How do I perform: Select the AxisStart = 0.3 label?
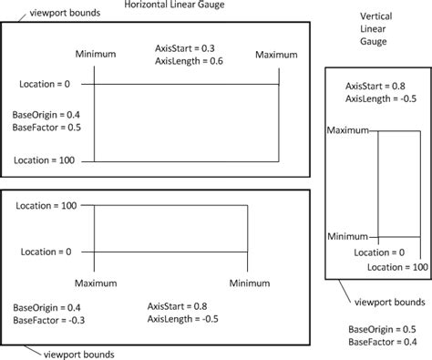[x=190, y=46]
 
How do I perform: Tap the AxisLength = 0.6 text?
[x=190, y=60]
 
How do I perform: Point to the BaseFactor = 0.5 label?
[x=46, y=128]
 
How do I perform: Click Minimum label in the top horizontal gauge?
[x=97, y=57]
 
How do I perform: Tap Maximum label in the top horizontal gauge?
[x=277, y=57]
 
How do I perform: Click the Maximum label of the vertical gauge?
[x=347, y=130]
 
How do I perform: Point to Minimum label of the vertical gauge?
[x=347, y=235]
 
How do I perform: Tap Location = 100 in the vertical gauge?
[x=397, y=266]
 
